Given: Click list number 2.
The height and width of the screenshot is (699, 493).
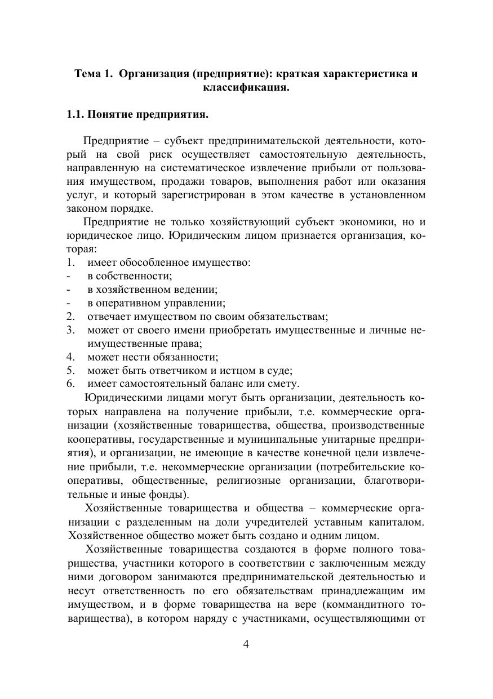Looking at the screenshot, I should (x=70, y=316).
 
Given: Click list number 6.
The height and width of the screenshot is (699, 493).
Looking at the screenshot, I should (x=70, y=384).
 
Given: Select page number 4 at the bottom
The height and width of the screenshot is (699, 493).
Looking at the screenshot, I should (x=246, y=644).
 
